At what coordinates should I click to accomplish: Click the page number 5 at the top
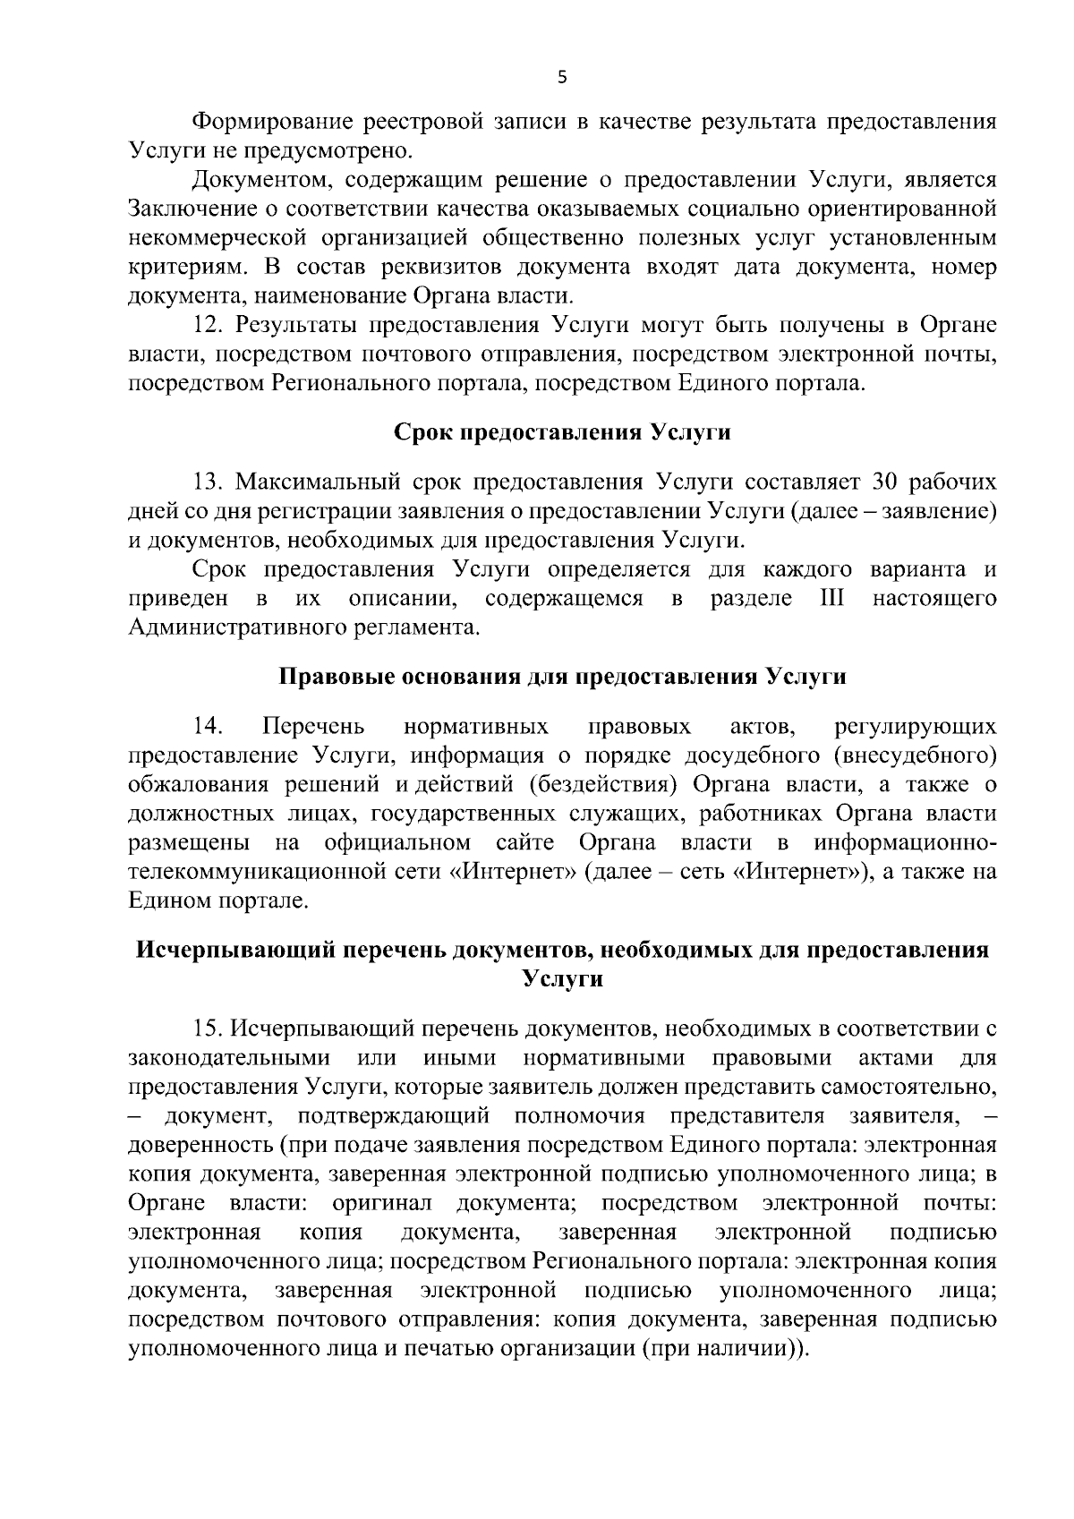click(562, 78)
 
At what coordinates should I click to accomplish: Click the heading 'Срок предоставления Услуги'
click(562, 433)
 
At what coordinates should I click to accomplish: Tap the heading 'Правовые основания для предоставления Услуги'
click(562, 676)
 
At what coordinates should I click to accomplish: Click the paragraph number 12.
click(209, 325)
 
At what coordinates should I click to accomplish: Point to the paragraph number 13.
click(209, 482)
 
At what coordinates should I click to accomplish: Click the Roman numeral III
click(832, 598)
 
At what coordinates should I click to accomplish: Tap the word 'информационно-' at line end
click(905, 842)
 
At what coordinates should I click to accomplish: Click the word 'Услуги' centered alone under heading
click(562, 979)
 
